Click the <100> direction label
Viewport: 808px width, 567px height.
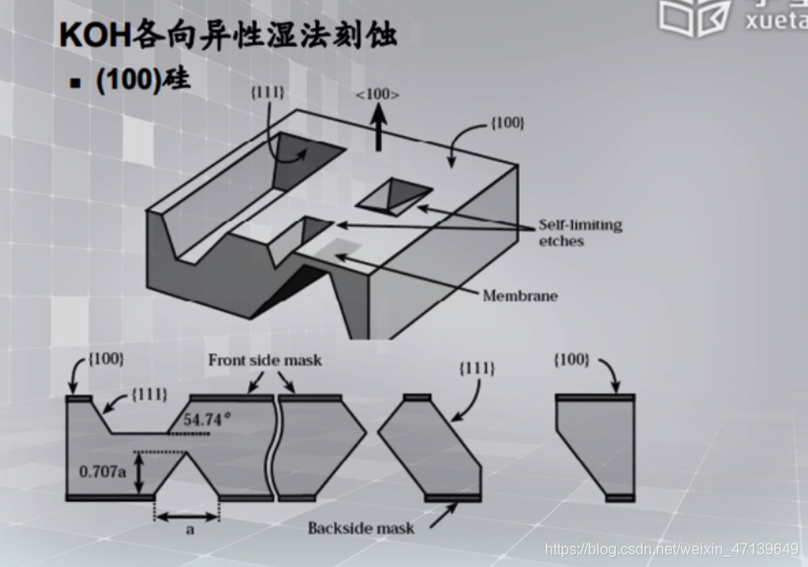378,94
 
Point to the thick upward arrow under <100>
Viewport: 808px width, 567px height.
378,129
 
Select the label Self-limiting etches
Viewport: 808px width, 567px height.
578,233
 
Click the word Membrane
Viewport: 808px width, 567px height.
520,296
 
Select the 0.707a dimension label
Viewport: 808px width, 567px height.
102,471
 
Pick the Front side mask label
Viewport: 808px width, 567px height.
265,360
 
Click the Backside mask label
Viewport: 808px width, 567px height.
361,528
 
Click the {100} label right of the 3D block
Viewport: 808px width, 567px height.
507,123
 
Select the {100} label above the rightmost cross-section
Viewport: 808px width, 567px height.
570,359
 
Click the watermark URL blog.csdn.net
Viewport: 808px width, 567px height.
672,549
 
